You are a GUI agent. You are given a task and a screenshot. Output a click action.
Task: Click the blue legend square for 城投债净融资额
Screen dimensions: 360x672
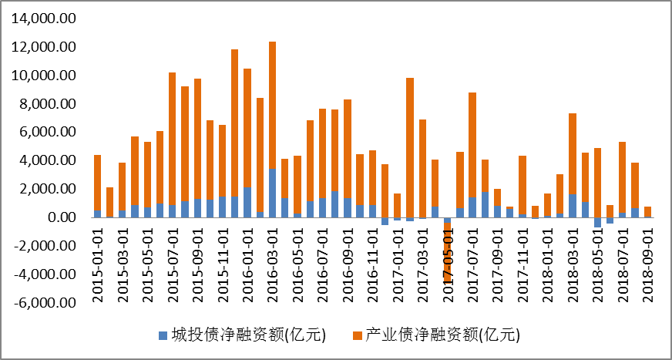[162, 335]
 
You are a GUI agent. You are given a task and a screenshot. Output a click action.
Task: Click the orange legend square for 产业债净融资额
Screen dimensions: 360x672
[355, 335]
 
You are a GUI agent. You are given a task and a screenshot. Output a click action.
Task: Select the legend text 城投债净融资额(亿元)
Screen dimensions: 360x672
[248, 335]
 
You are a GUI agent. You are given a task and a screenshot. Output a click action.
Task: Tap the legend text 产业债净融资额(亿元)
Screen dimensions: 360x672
[442, 335]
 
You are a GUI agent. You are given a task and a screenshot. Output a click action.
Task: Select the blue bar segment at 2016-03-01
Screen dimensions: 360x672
[272, 193]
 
